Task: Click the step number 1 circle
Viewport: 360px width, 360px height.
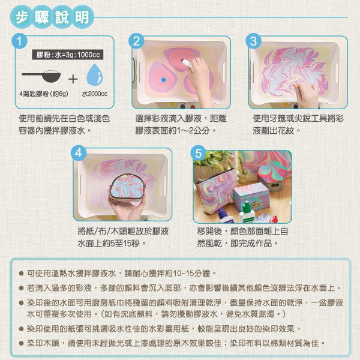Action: (20, 41)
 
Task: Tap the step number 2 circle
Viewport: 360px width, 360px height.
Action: (136, 41)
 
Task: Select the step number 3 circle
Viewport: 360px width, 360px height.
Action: (253, 41)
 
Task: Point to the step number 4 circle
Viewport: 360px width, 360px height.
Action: (78, 152)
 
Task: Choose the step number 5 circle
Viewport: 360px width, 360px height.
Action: (199, 153)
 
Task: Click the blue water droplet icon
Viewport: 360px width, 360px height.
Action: (94, 74)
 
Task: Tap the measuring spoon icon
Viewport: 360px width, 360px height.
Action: (41, 76)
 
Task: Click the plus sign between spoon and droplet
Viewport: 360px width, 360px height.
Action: (73, 79)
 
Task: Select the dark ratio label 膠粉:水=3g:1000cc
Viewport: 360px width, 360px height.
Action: (67, 55)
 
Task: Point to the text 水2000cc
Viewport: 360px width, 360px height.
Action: (94, 94)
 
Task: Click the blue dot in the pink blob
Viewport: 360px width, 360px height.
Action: (163, 80)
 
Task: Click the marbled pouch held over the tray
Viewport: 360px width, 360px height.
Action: (127, 187)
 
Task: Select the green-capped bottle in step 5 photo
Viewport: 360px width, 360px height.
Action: (247, 212)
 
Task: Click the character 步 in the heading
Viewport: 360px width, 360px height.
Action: (22, 17)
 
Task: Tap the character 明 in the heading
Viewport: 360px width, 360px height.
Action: (82, 17)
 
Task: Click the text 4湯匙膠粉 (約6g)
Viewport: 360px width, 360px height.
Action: (44, 94)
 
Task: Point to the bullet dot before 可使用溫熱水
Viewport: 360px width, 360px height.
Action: (22, 274)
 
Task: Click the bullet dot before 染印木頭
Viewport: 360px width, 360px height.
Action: (22, 343)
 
